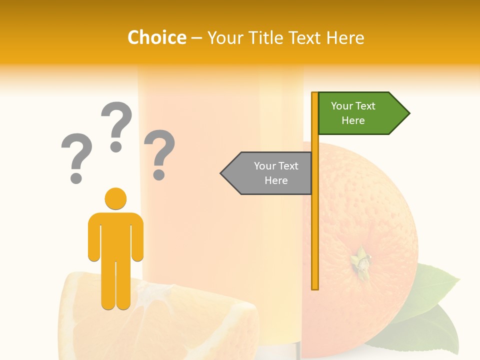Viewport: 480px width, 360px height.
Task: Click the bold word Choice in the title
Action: click(156, 37)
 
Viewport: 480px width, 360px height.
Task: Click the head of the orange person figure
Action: click(115, 198)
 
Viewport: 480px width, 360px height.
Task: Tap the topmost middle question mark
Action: click(116, 125)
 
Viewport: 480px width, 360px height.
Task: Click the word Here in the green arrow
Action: click(353, 120)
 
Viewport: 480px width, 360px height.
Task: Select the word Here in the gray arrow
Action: click(276, 180)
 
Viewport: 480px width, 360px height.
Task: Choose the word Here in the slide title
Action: click(345, 37)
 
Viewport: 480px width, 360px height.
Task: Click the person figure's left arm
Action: click(94, 240)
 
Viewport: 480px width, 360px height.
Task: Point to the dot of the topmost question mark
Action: click(116, 146)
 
